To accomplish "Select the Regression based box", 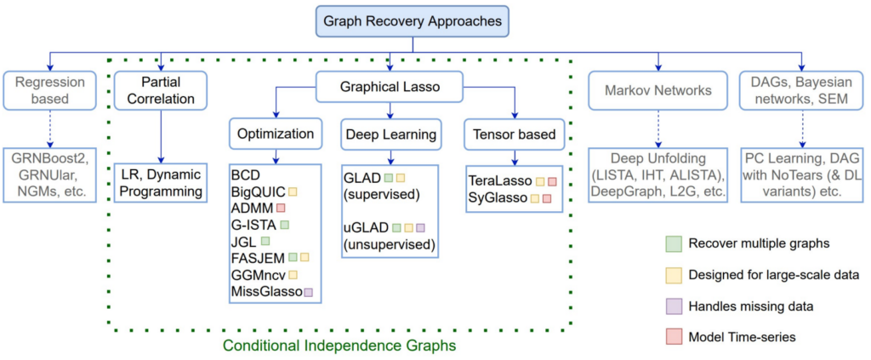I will coord(54,91).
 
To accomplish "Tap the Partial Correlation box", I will coord(160,91).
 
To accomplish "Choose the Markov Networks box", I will coord(658,91).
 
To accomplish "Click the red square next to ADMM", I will coord(280,208).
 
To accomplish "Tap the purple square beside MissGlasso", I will coord(308,292).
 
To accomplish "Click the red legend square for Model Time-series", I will coord(670,337).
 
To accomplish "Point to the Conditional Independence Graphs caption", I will coord(339,346).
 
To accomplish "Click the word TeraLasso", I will coord(499,181).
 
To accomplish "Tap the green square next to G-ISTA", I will coord(285,225).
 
